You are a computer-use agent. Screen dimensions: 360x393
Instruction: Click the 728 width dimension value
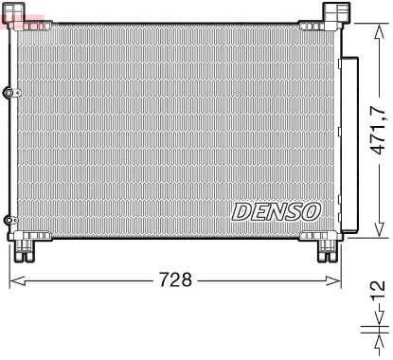click(174, 279)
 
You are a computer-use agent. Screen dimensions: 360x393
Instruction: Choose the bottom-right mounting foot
click(329, 248)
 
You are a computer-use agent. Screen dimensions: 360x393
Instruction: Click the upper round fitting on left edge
click(9, 93)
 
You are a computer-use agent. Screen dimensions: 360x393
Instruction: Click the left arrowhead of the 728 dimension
click(14, 279)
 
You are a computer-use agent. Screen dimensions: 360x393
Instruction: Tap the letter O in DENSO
click(312, 209)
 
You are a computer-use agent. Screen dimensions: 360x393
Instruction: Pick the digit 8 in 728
click(188, 279)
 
